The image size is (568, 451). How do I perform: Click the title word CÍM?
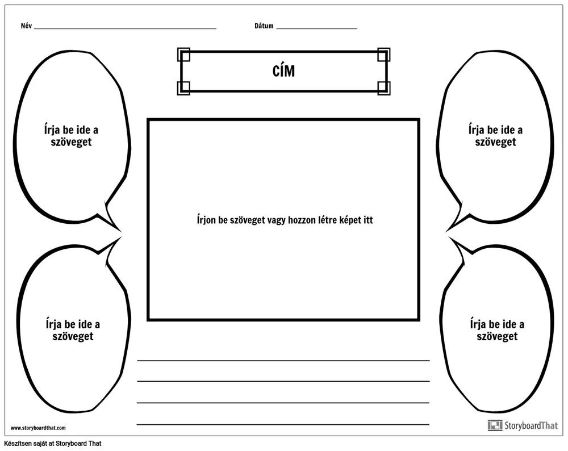[283, 70]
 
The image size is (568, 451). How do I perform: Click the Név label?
[27, 26]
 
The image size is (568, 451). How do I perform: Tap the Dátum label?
[264, 26]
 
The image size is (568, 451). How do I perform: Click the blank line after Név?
[125, 28]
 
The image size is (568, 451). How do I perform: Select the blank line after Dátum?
[316, 28]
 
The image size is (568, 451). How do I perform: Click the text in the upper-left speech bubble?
[72, 136]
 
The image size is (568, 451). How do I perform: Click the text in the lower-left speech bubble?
[73, 330]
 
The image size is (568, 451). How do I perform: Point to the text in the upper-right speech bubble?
[495, 136]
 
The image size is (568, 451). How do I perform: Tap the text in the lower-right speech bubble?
[497, 330]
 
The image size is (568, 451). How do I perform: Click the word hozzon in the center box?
[302, 220]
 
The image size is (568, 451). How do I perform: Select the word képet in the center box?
[350, 220]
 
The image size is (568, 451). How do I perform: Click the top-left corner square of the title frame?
[183, 55]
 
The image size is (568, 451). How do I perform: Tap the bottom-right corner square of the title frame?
[383, 88]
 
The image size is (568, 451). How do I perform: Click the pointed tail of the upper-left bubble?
[119, 231]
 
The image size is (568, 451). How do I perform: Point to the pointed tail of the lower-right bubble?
[450, 237]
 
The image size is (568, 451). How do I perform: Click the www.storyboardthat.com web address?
[38, 428]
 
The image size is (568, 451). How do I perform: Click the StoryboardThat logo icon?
[495, 425]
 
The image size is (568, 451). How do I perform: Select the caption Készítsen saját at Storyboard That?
[53, 444]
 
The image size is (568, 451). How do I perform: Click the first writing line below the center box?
[283, 361]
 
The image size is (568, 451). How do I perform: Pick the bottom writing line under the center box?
[283, 424]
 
